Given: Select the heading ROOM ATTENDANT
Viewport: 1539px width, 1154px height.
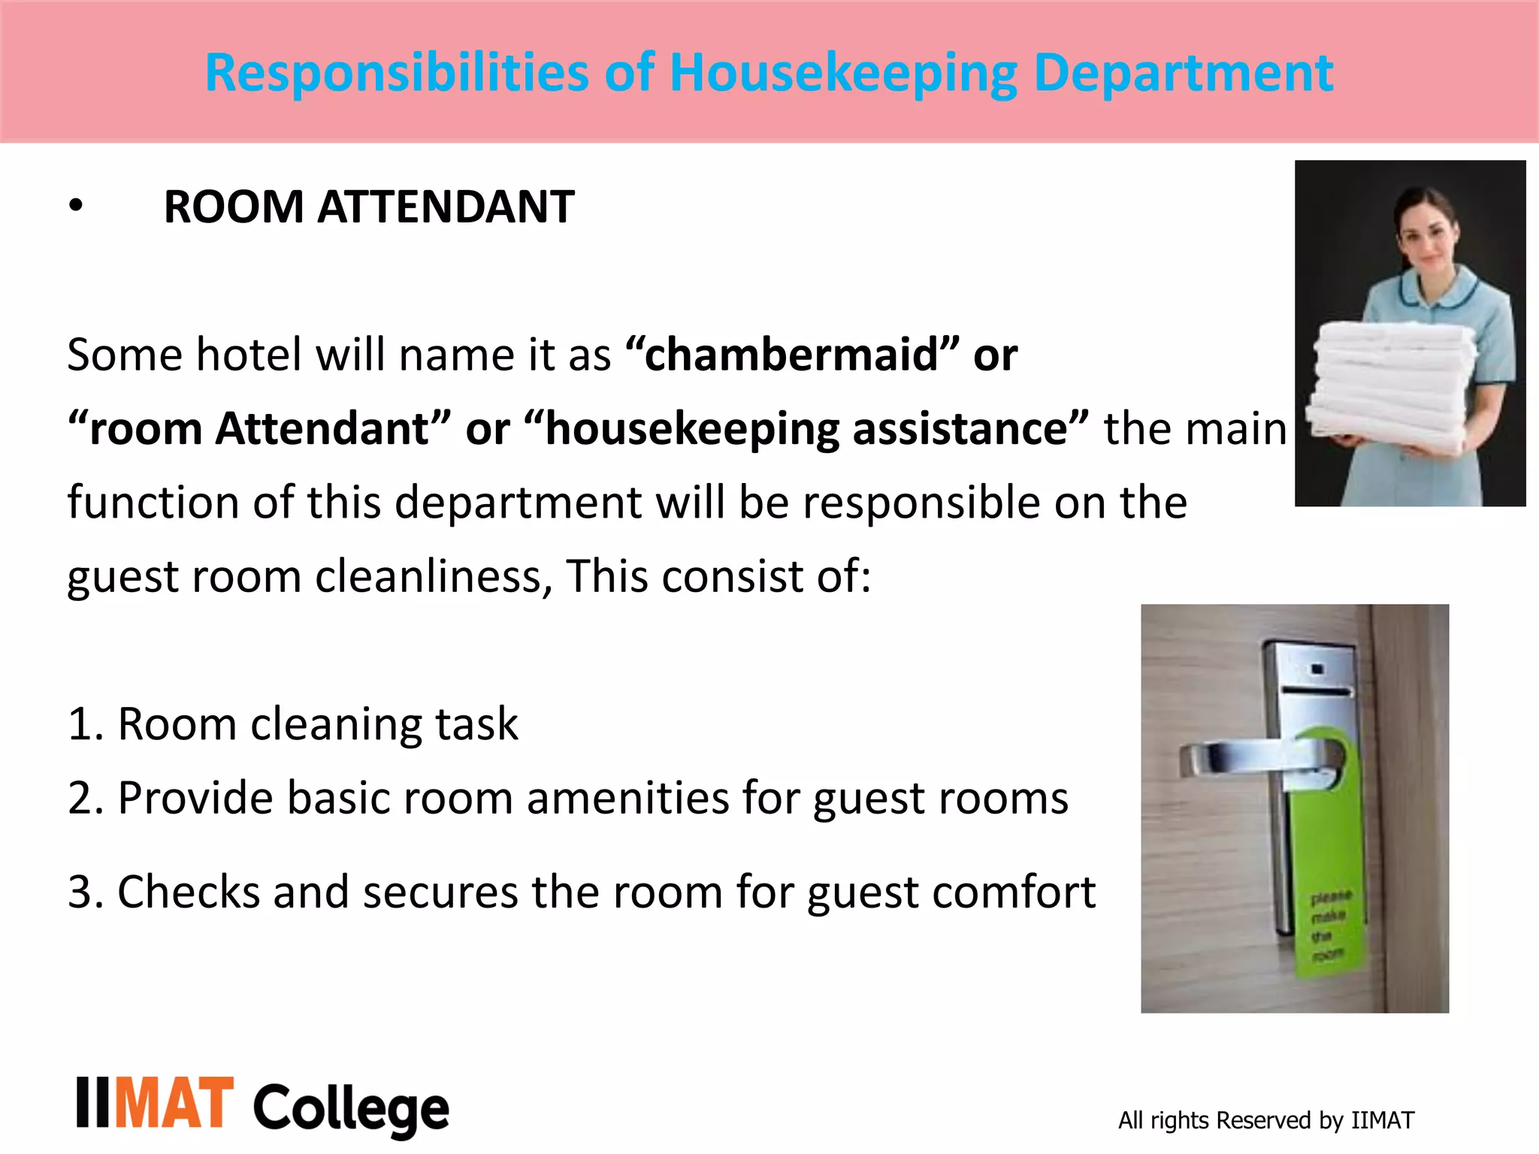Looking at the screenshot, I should click(369, 207).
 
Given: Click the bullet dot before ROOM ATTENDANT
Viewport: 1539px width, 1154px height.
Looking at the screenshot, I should click(75, 205).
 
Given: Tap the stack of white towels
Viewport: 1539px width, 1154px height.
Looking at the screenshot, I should click(1390, 383).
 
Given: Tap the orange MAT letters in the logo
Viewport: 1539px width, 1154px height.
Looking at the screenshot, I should click(174, 1103).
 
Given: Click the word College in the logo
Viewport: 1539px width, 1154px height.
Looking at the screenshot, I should click(351, 1108).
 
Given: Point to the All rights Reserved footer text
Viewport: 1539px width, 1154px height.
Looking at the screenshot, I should click(1265, 1120).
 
